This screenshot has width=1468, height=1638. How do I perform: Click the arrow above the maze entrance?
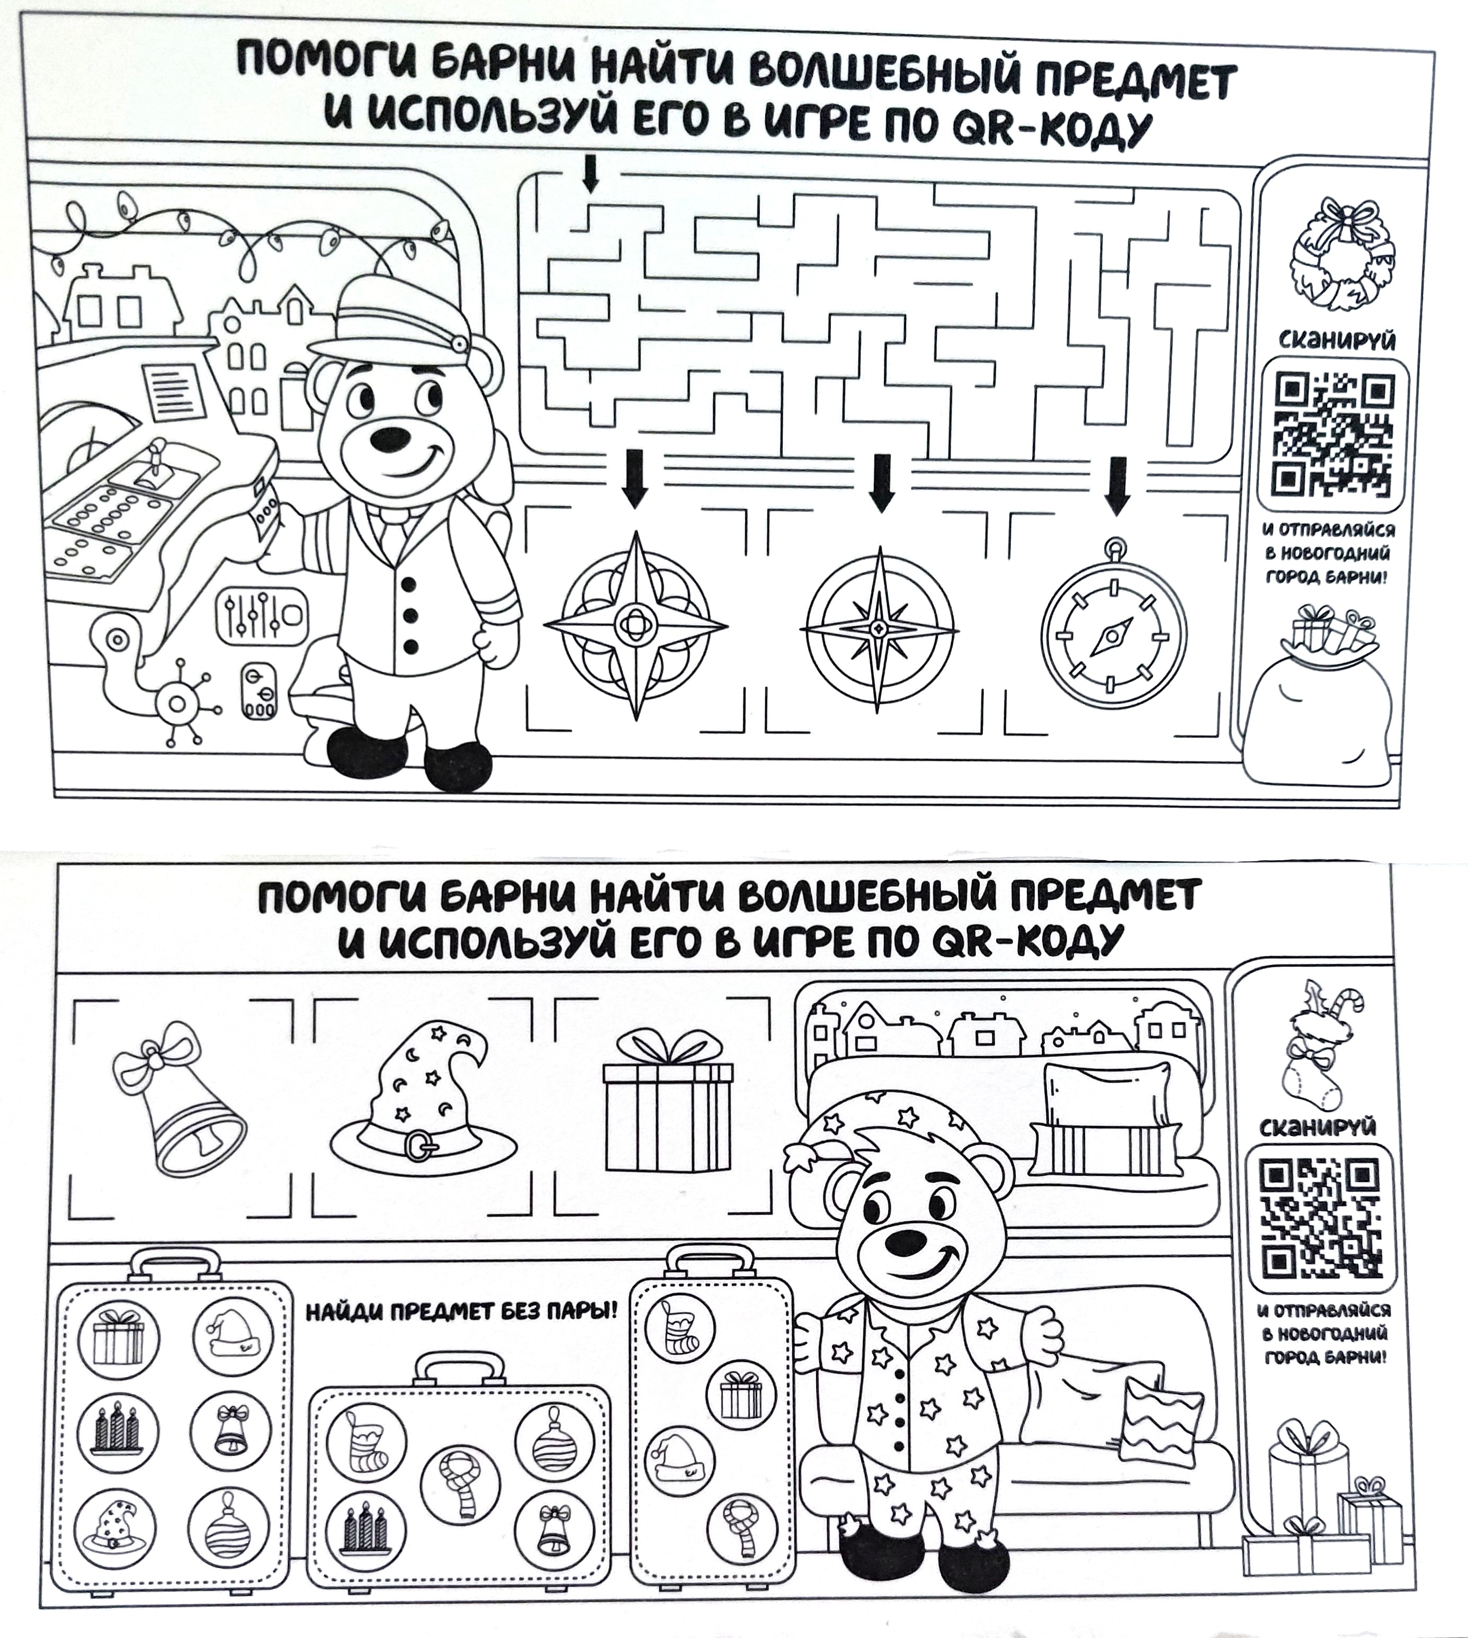click(590, 174)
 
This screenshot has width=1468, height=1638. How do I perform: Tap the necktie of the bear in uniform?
click(395, 532)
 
